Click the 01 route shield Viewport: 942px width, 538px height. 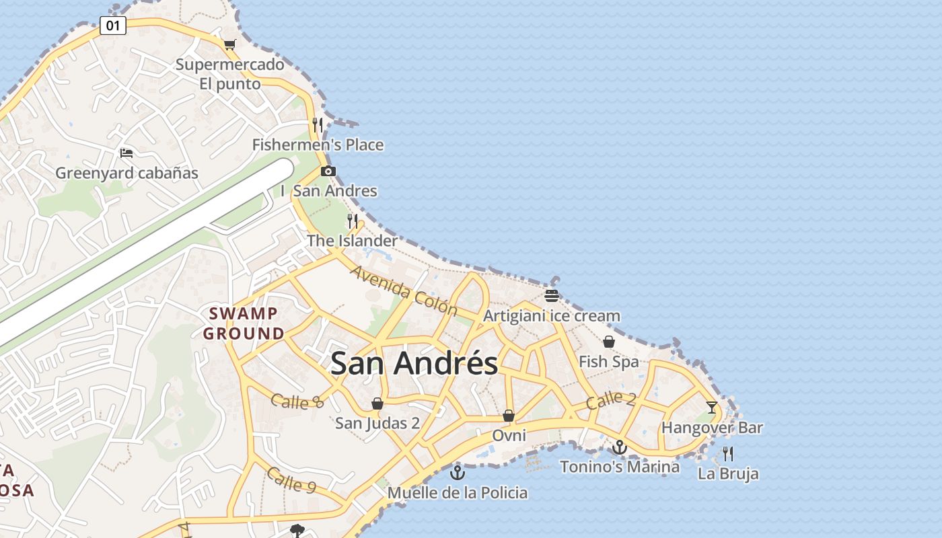point(112,26)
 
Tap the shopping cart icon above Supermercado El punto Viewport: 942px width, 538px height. point(229,44)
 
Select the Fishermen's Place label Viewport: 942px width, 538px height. point(318,145)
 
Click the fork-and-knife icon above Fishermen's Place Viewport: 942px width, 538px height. point(318,124)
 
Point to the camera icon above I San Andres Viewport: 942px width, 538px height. point(328,171)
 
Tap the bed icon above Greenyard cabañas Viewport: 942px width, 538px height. point(126,153)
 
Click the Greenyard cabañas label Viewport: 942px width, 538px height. point(126,173)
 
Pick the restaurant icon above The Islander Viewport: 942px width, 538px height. point(352,221)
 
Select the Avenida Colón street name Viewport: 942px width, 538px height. point(404,291)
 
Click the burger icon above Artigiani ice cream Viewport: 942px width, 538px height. point(552,295)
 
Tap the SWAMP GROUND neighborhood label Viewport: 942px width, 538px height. point(244,323)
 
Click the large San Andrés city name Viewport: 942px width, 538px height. point(414,363)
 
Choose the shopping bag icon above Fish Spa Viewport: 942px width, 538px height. point(609,342)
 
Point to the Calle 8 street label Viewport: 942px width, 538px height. point(297,401)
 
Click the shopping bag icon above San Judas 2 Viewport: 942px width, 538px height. point(377,403)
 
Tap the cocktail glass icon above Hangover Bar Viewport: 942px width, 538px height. point(712,407)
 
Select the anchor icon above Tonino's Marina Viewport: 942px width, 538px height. point(619,447)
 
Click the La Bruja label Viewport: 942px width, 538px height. point(728,473)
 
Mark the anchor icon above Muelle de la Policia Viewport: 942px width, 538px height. point(458,473)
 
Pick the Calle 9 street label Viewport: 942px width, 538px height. point(291,479)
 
